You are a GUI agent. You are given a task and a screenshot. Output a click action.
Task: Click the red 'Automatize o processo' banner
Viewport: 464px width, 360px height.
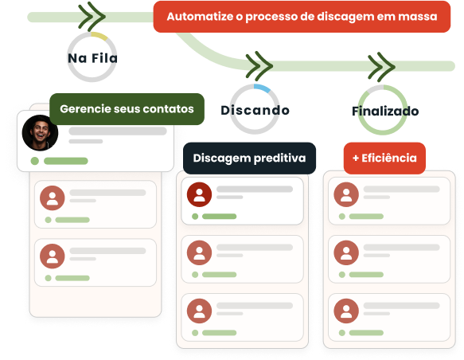tap(302, 17)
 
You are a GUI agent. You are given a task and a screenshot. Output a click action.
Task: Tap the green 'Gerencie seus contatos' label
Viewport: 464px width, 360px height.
tap(127, 109)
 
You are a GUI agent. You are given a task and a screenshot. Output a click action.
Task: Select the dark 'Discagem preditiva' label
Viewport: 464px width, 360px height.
tap(249, 158)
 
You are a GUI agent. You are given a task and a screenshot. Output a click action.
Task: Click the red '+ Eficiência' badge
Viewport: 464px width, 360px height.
tap(384, 158)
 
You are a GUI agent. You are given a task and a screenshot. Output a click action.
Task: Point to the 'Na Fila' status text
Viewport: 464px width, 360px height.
tap(92, 58)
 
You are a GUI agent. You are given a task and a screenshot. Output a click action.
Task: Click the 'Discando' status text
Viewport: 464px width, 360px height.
tap(255, 110)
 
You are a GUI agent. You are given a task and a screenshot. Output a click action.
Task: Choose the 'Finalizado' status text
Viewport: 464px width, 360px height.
tap(385, 111)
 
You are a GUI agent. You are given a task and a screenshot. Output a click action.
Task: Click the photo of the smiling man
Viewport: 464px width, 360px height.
tap(41, 133)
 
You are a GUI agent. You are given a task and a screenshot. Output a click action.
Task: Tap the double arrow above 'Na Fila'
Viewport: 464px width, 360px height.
tap(92, 16)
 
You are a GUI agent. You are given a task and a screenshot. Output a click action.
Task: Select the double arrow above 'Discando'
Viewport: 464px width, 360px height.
tap(259, 66)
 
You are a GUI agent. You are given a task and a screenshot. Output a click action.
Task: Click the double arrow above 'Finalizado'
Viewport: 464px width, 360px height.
tap(381, 67)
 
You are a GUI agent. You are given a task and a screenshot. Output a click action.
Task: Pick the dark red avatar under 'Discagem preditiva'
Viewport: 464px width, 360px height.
tap(199, 194)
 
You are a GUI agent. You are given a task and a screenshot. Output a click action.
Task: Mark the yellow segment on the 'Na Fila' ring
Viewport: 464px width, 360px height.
tap(99, 36)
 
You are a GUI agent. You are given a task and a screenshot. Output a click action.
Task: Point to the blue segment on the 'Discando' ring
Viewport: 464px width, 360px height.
tap(263, 88)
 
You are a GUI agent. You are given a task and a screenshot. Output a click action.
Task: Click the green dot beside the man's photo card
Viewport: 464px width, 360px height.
tap(35, 161)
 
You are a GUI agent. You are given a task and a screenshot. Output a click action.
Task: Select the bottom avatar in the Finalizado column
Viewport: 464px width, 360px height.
tap(346, 311)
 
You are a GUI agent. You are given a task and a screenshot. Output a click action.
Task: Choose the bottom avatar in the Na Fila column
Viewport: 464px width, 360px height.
tap(53, 256)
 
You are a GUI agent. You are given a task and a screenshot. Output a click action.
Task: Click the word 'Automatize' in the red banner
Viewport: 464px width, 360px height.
tap(200, 17)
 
